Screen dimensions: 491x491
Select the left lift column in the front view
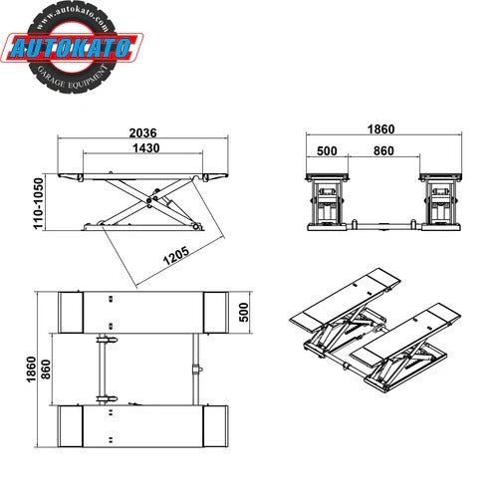[328, 204]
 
